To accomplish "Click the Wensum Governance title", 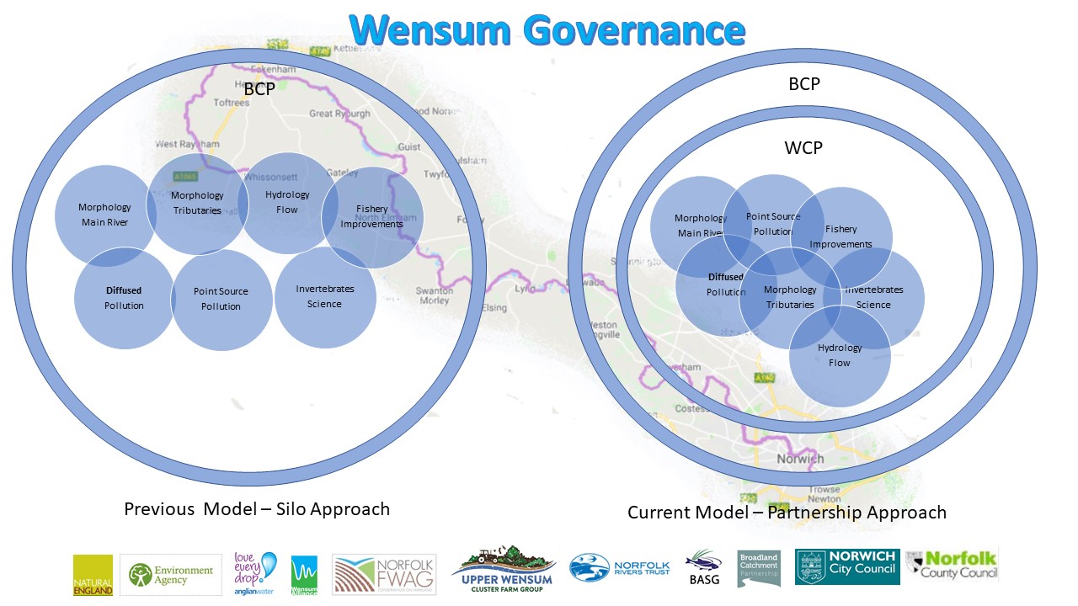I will click(548, 30).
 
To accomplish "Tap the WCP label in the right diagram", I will click(803, 148).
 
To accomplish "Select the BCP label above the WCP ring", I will click(803, 84).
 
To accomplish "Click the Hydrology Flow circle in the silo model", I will click(287, 202).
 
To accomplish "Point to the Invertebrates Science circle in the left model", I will click(325, 297).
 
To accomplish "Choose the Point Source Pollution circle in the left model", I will click(221, 300).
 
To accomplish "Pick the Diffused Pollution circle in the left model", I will click(124, 298).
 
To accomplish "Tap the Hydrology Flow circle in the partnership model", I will click(840, 356).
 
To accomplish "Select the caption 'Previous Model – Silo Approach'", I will click(257, 509).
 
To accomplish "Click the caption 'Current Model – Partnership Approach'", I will click(787, 513).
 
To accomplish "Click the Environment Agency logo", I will click(171, 575).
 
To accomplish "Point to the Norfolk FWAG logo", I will click(384, 574).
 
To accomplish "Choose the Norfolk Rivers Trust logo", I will click(620, 568).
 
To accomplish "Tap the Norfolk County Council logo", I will click(952, 564).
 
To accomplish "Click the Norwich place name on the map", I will click(800, 459).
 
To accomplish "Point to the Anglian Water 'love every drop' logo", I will click(255, 573).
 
